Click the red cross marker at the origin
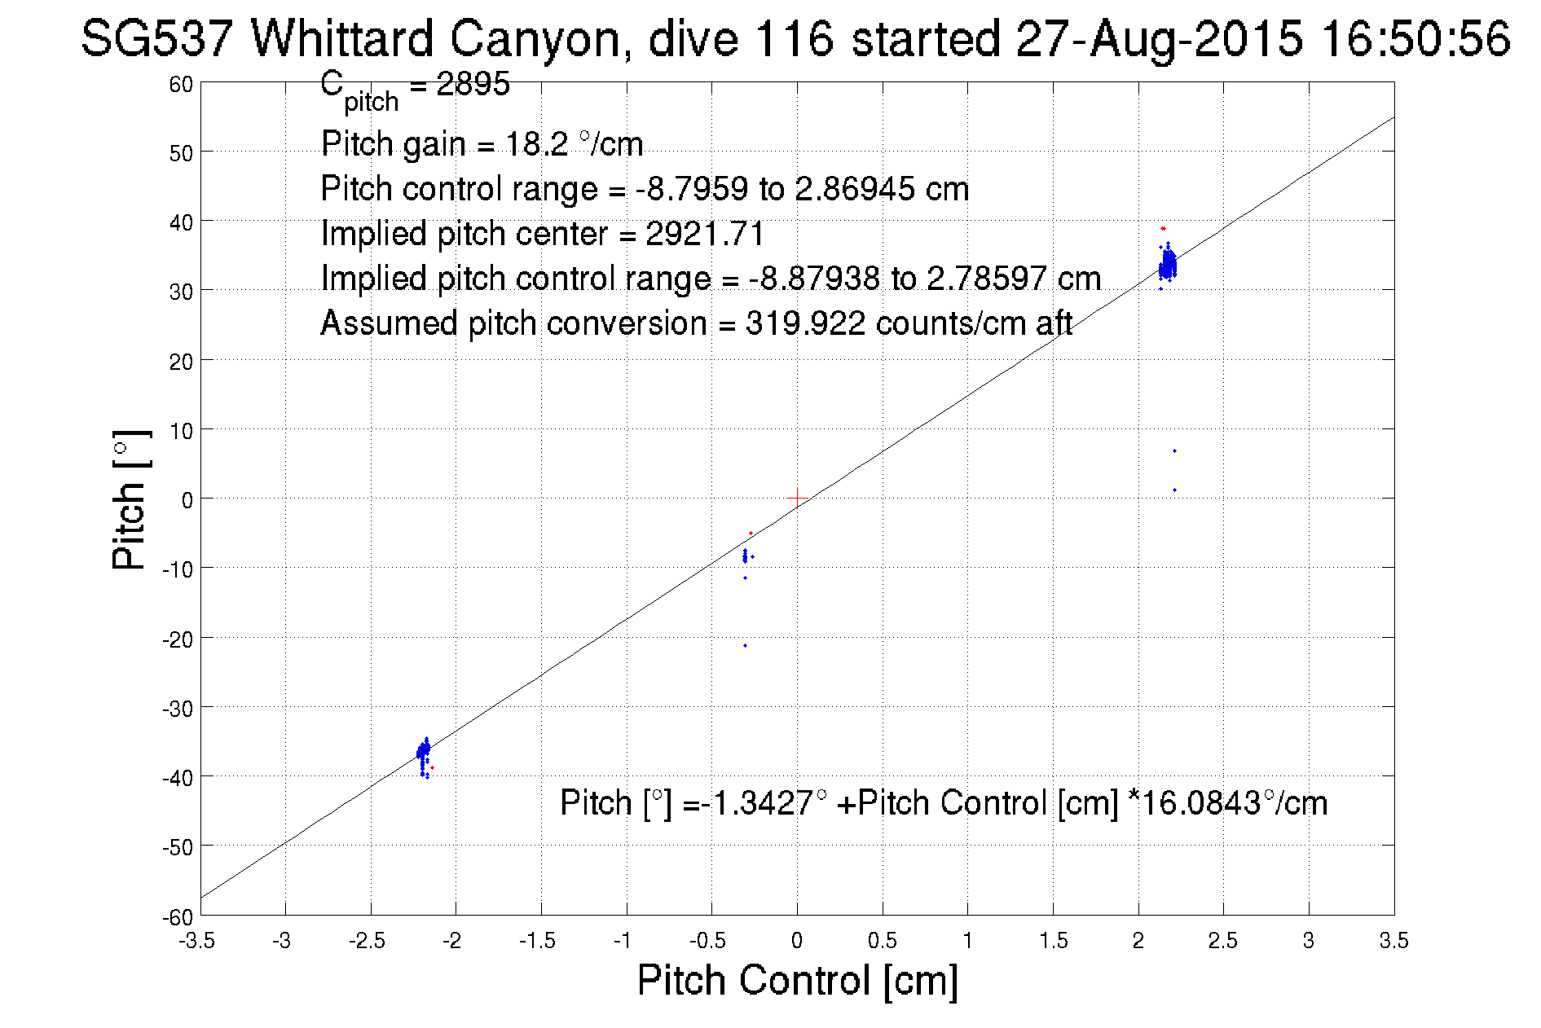click(796, 497)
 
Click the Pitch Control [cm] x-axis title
click(797, 979)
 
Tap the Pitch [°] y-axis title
click(131, 499)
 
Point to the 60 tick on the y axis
click(182, 84)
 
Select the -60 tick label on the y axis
click(178, 917)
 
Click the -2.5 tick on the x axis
click(367, 941)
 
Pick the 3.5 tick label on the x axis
click(1394, 941)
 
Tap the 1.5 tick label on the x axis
click(1053, 941)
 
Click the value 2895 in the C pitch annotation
click(473, 84)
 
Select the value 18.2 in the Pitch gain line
click(537, 144)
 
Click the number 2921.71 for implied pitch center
click(705, 234)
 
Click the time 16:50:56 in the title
click(1416, 38)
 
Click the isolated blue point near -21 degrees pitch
click(745, 645)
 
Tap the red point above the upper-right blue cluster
click(1163, 229)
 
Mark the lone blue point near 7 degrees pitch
click(1174, 450)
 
